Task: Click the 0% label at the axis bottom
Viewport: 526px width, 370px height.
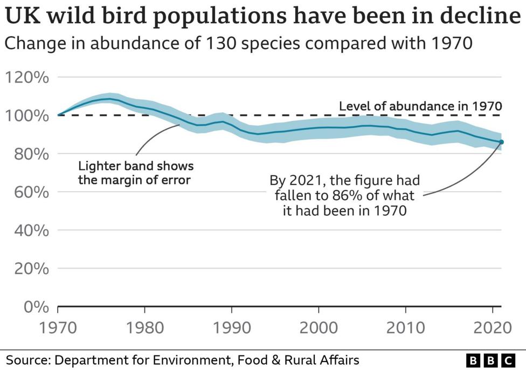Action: click(x=36, y=307)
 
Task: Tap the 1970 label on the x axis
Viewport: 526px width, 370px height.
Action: click(x=58, y=328)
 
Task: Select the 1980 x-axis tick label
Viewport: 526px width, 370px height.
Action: click(x=144, y=328)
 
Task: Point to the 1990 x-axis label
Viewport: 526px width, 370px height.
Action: click(x=232, y=328)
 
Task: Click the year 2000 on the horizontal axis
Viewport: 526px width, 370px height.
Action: click(x=319, y=328)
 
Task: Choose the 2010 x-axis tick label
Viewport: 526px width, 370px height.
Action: click(x=405, y=328)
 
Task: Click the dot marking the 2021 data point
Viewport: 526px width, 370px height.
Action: click(x=501, y=142)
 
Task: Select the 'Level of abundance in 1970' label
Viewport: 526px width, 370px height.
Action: click(x=420, y=106)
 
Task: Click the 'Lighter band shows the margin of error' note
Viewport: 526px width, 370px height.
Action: click(x=135, y=173)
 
